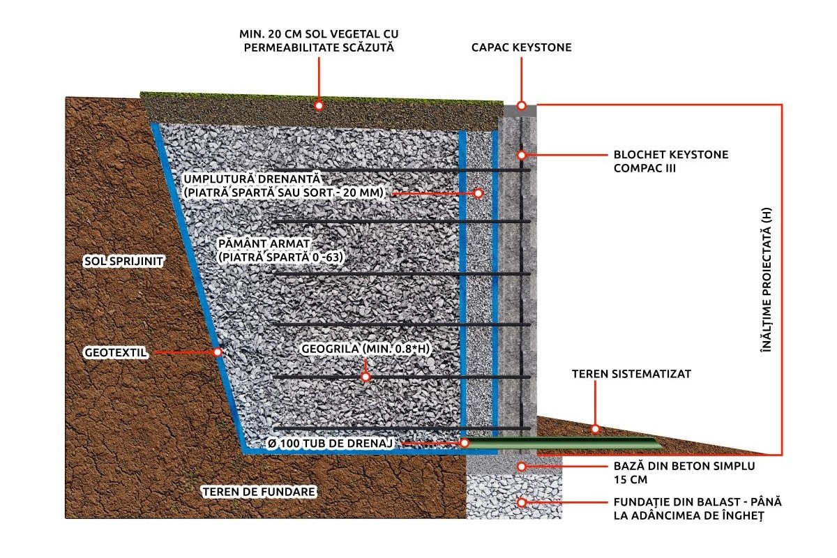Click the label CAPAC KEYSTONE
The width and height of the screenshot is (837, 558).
tap(521, 47)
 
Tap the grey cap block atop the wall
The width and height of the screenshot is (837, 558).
tap(520, 111)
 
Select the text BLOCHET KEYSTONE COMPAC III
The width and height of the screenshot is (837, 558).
tap(671, 161)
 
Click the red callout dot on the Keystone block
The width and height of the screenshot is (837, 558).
tap(522, 155)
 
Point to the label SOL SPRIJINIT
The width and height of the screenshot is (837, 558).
tap(123, 261)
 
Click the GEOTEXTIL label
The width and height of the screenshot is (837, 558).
tap(116, 352)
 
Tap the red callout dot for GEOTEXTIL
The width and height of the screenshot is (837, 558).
tap(218, 352)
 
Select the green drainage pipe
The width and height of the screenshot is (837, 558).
tap(561, 443)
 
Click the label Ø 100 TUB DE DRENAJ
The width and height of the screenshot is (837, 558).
tap(331, 443)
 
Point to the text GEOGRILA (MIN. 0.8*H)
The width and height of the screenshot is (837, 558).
tap(365, 349)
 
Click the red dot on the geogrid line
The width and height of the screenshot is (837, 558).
tap(365, 377)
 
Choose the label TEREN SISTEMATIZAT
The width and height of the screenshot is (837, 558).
tap(631, 374)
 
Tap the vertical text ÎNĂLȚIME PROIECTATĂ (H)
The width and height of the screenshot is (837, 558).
tap(766, 280)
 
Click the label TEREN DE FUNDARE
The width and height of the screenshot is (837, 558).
tap(259, 492)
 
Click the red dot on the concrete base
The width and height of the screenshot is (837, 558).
tap(522, 467)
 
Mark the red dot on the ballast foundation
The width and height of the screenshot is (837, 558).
tap(522, 502)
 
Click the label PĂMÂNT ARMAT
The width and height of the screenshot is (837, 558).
tap(264, 243)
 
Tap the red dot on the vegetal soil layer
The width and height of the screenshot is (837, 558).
tap(319, 106)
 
